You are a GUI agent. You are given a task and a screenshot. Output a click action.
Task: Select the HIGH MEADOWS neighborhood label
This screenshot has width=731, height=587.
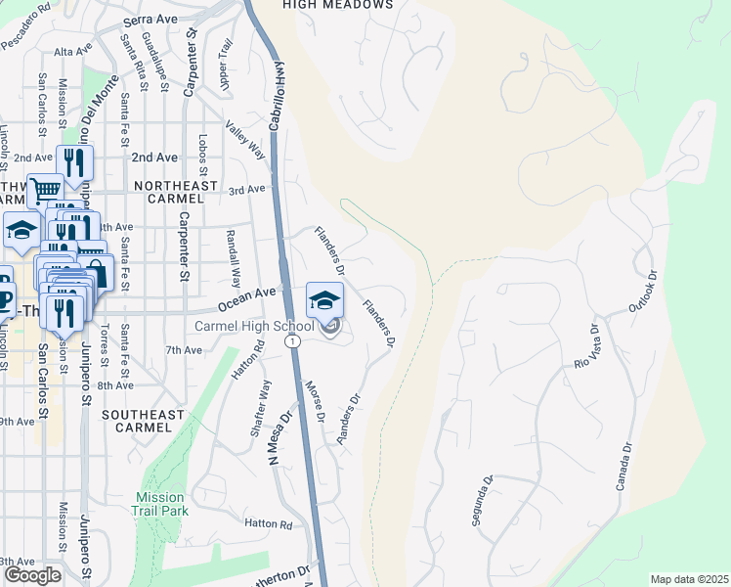pos(337,5)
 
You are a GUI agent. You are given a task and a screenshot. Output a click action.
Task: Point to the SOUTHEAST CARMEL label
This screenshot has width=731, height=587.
pos(143,422)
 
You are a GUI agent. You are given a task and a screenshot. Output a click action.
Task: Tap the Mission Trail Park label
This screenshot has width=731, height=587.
pos(161,504)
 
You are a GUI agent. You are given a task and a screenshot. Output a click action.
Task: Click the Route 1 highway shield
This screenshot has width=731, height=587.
pos(292,340)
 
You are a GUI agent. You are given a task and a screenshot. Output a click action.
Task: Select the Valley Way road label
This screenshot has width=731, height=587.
pos(245,141)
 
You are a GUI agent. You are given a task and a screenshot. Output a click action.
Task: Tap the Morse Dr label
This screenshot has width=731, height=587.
pos(315,402)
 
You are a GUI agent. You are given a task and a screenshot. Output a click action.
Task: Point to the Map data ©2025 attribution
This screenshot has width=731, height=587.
pos(689,579)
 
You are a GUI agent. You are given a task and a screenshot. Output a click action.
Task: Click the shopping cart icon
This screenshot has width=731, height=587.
pos(44,191)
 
